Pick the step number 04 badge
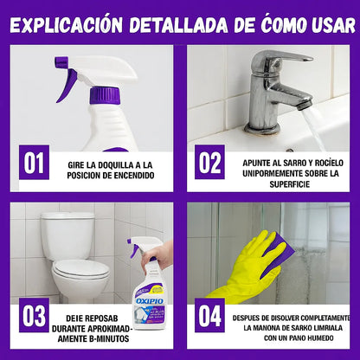(x=209, y=316)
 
